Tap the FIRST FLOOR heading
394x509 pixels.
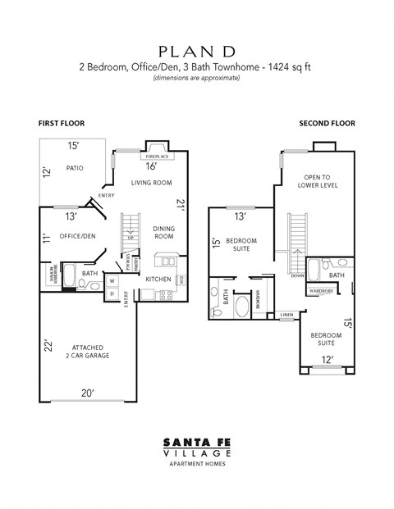point(62,123)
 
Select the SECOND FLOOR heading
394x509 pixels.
point(327,123)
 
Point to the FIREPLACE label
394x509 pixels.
point(158,156)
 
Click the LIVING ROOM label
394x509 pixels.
point(151,182)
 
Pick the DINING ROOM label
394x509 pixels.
point(165,232)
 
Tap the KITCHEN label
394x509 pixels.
point(158,279)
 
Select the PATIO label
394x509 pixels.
point(75,169)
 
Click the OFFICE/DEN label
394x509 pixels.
point(77,237)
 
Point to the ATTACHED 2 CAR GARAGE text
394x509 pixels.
point(90,351)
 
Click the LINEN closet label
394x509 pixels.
point(286,314)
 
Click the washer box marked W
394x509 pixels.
point(112,280)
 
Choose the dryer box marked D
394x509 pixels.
point(112,294)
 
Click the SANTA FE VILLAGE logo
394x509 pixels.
point(196,448)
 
